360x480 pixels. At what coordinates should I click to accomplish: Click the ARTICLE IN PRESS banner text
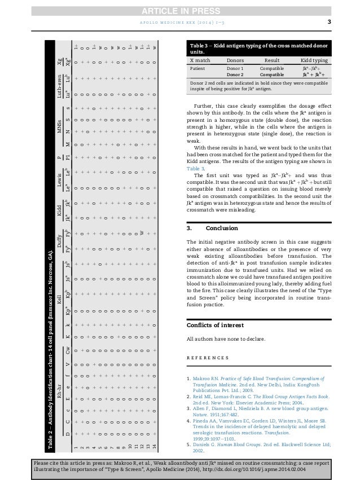180,6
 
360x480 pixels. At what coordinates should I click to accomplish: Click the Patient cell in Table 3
199,67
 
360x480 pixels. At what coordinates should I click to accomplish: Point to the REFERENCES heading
207,358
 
